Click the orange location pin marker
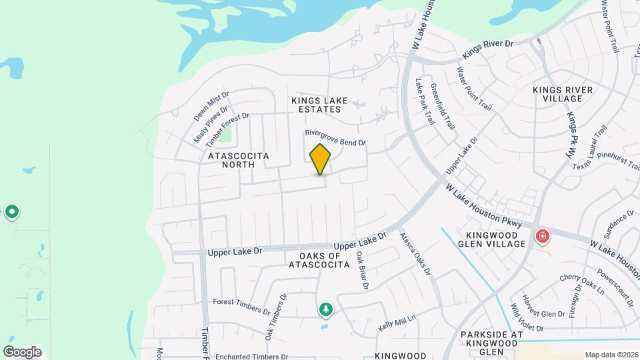point(321,159)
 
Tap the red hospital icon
point(543,236)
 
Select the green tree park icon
point(325,309)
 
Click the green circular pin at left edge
point(11,212)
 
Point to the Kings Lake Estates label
point(319,105)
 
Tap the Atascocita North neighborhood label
point(239,161)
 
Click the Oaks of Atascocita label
point(319,259)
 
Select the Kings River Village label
point(557,94)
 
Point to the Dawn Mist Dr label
point(211,106)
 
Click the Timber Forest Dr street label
point(227,129)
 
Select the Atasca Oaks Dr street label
point(415,253)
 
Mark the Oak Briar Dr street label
point(362,270)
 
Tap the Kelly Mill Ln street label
point(397,322)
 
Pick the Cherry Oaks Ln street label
point(582,284)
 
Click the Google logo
point(22,351)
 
